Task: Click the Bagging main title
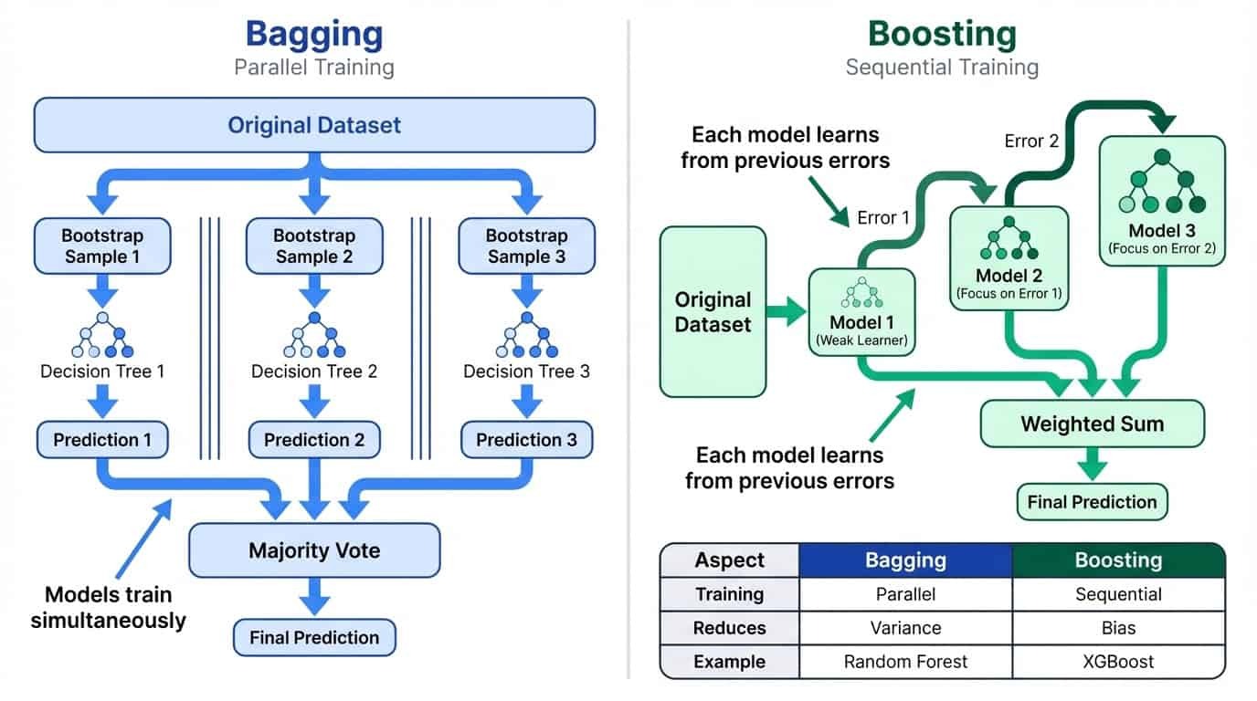(x=313, y=34)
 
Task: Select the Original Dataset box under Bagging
(x=313, y=124)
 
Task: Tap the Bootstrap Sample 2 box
(x=313, y=246)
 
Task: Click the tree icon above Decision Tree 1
(x=102, y=335)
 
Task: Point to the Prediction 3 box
(x=526, y=440)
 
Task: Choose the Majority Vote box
(x=313, y=551)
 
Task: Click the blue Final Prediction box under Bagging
(x=313, y=638)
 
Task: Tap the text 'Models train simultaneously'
(x=108, y=608)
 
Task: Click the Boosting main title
(x=941, y=34)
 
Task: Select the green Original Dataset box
(x=713, y=311)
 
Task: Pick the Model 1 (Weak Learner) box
(x=861, y=311)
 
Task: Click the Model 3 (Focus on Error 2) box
(x=1161, y=201)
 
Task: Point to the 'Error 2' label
(x=1030, y=141)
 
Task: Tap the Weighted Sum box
(x=1092, y=424)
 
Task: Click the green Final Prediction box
(x=1092, y=501)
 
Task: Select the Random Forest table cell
(x=905, y=661)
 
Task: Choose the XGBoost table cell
(x=1118, y=661)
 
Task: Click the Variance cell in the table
(x=905, y=628)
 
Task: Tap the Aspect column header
(x=729, y=560)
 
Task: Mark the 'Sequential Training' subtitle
(x=941, y=68)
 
